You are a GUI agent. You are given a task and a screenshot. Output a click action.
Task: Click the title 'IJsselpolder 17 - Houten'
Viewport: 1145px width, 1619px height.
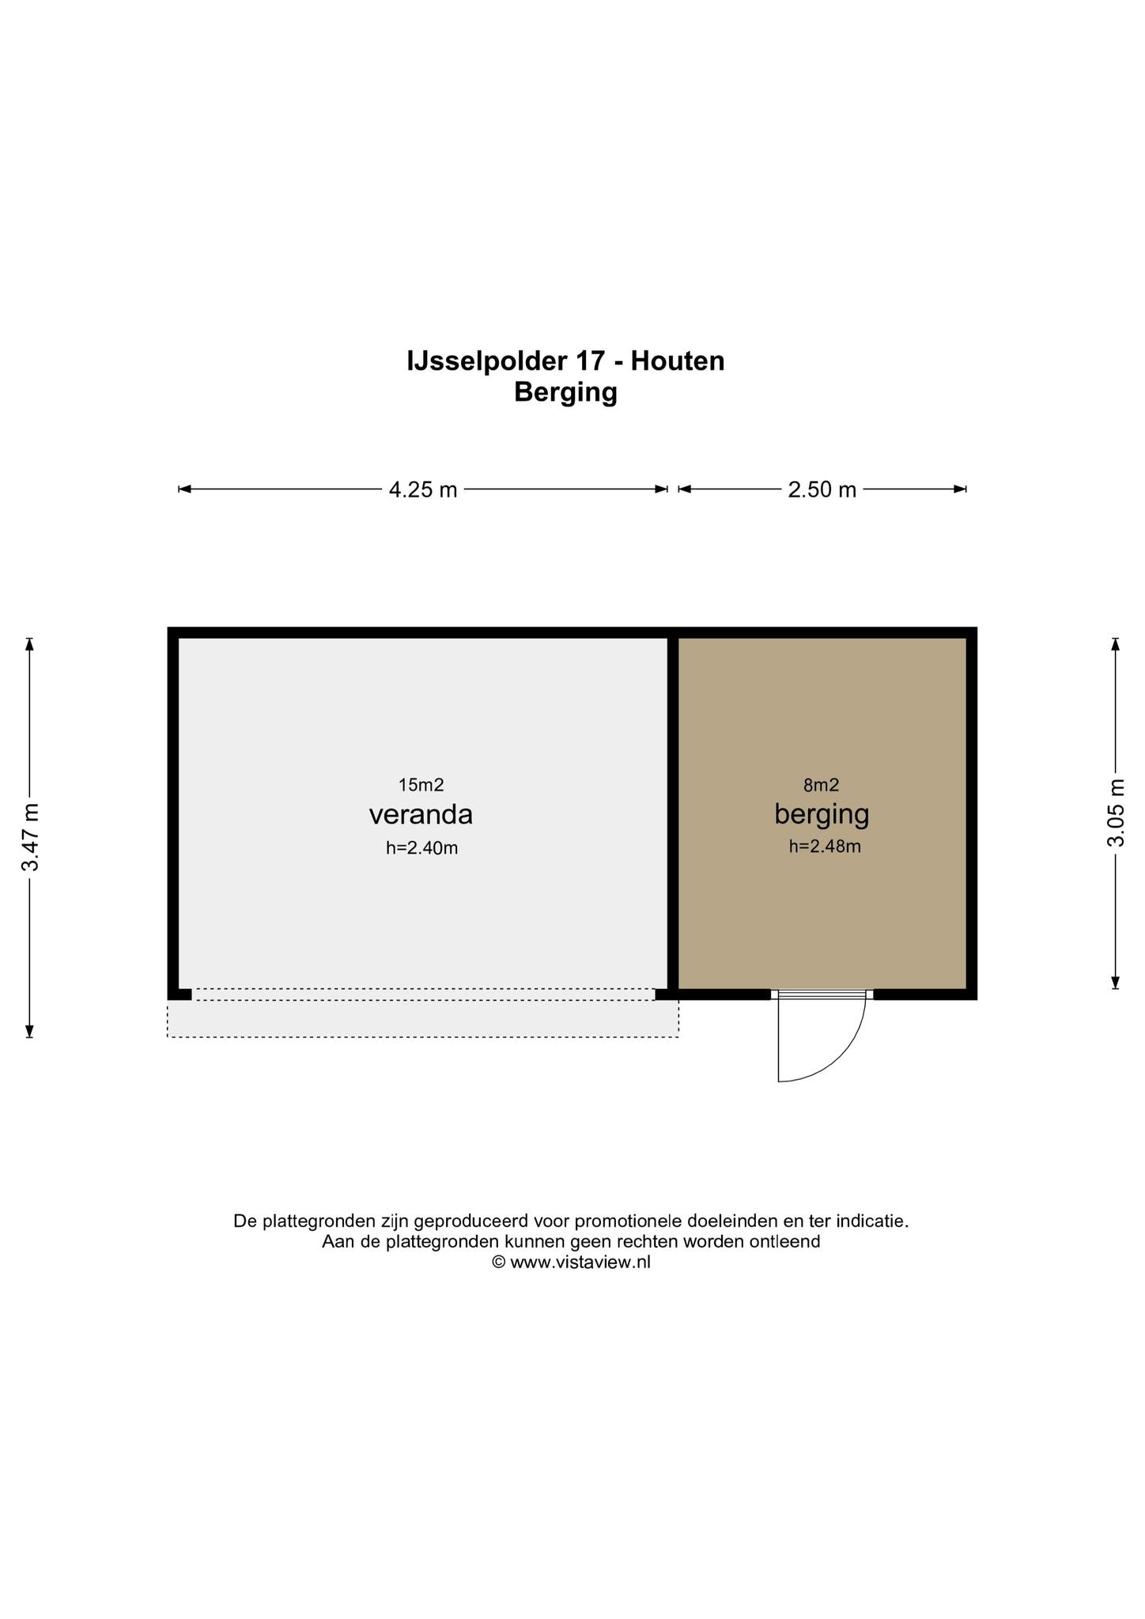click(x=565, y=361)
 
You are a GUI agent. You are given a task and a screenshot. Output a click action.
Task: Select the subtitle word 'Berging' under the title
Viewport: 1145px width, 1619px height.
click(x=565, y=392)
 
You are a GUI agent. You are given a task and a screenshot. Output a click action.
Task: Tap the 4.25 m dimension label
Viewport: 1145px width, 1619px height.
click(x=423, y=490)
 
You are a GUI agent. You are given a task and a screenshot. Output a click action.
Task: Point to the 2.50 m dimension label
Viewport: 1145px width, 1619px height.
click(x=822, y=490)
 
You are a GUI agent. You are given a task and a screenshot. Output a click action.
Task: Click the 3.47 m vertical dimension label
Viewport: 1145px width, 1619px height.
click(x=31, y=837)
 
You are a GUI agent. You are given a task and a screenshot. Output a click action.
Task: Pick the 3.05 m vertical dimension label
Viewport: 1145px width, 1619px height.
click(x=1116, y=813)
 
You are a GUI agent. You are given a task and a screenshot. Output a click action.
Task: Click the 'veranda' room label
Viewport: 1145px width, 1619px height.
click(x=421, y=814)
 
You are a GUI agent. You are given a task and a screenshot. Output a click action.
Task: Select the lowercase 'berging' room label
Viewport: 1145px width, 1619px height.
click(x=822, y=814)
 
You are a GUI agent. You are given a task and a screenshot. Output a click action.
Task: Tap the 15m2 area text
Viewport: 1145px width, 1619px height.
click(x=421, y=785)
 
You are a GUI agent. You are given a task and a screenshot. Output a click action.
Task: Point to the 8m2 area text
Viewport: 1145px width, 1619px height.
click(x=821, y=785)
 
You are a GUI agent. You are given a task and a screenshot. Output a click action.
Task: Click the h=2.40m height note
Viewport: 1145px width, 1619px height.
click(x=422, y=848)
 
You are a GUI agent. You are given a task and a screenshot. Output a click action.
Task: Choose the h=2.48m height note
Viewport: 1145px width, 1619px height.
click(x=825, y=847)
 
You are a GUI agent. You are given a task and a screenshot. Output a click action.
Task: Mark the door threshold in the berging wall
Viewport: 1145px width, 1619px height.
click(x=822, y=994)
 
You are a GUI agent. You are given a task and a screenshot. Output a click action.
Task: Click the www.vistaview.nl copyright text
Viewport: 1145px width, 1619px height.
click(x=572, y=1262)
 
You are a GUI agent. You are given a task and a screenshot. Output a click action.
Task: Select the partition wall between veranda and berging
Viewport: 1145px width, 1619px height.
click(x=673, y=813)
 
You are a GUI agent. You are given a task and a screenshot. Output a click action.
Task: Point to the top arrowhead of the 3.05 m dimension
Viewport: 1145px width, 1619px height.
click(x=1116, y=643)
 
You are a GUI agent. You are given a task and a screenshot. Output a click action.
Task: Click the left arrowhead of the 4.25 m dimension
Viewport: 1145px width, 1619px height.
click(x=184, y=489)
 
